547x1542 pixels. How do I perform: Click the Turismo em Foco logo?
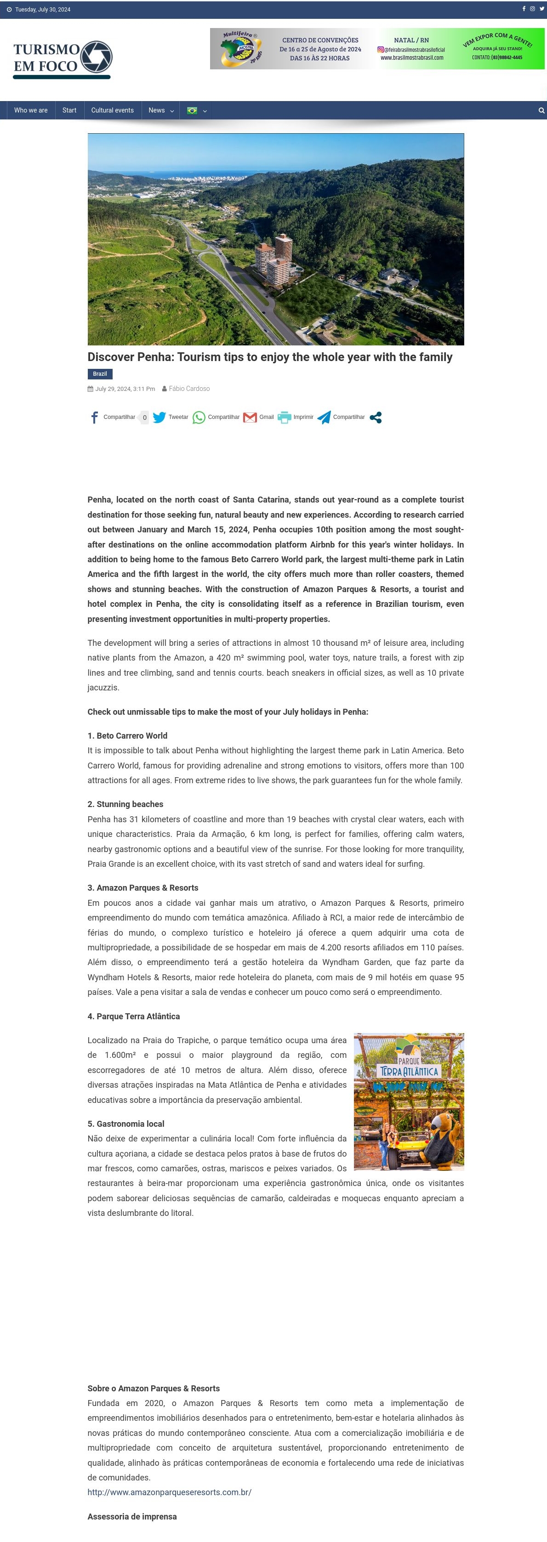[63, 59]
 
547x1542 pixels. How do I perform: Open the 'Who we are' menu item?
[30, 110]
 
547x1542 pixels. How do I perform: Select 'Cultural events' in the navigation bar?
[112, 110]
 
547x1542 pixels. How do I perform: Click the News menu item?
[157, 110]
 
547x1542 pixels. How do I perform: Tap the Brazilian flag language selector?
[192, 110]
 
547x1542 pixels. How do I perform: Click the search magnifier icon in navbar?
[541, 110]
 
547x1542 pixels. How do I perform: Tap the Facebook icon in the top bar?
[524, 9]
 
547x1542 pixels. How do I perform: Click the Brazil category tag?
[99, 373]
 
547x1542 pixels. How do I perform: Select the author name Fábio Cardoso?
[189, 389]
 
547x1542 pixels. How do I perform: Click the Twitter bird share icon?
[160, 417]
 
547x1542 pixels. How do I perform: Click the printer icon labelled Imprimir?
[284, 417]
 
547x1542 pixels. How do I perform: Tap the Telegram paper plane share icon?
[324, 417]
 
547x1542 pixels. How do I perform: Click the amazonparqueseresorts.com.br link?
[170, 1492]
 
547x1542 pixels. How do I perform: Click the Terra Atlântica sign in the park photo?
[409, 1070]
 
